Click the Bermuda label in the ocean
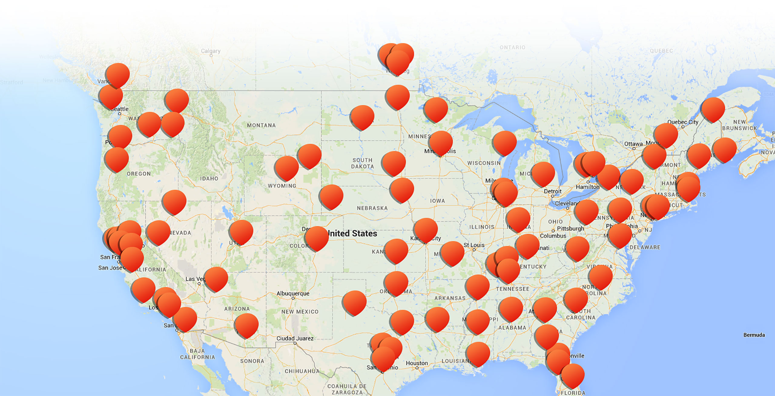click(754, 335)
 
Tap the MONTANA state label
click(261, 125)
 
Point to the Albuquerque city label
click(293, 293)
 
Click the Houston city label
click(417, 363)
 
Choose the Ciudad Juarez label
click(295, 339)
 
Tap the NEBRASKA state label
click(372, 208)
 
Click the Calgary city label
click(211, 51)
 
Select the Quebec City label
click(683, 122)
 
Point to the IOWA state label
click(437, 201)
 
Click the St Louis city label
click(474, 245)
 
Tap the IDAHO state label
click(209, 178)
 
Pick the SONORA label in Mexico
click(252, 361)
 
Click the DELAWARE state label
click(645, 247)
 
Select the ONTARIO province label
click(512, 47)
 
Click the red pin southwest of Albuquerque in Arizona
click(246, 325)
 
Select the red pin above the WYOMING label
click(286, 168)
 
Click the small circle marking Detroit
click(552, 196)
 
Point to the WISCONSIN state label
click(484, 163)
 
